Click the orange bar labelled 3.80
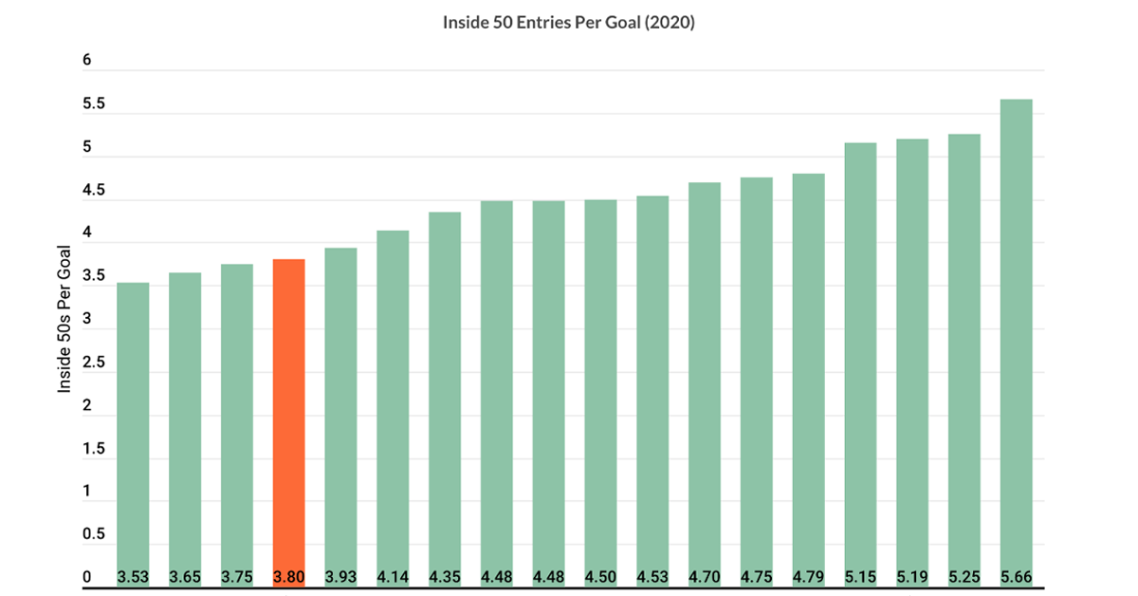[x=289, y=423]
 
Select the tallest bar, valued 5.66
[x=1016, y=344]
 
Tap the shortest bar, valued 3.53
[x=133, y=435]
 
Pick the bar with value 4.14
[x=393, y=409]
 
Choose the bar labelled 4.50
[x=600, y=394]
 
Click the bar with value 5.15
[x=861, y=365]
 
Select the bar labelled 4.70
[x=705, y=385]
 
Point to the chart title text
[x=568, y=23]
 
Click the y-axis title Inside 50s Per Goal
[x=64, y=319]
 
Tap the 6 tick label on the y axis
[x=87, y=60]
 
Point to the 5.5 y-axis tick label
[x=94, y=103]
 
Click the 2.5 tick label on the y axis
[x=94, y=363]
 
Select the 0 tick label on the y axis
[x=87, y=577]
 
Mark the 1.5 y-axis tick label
[x=94, y=449]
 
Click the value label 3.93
[x=340, y=577]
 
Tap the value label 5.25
[x=964, y=577]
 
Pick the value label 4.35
[x=445, y=577]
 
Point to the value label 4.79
[x=808, y=577]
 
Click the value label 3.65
[x=185, y=577]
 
